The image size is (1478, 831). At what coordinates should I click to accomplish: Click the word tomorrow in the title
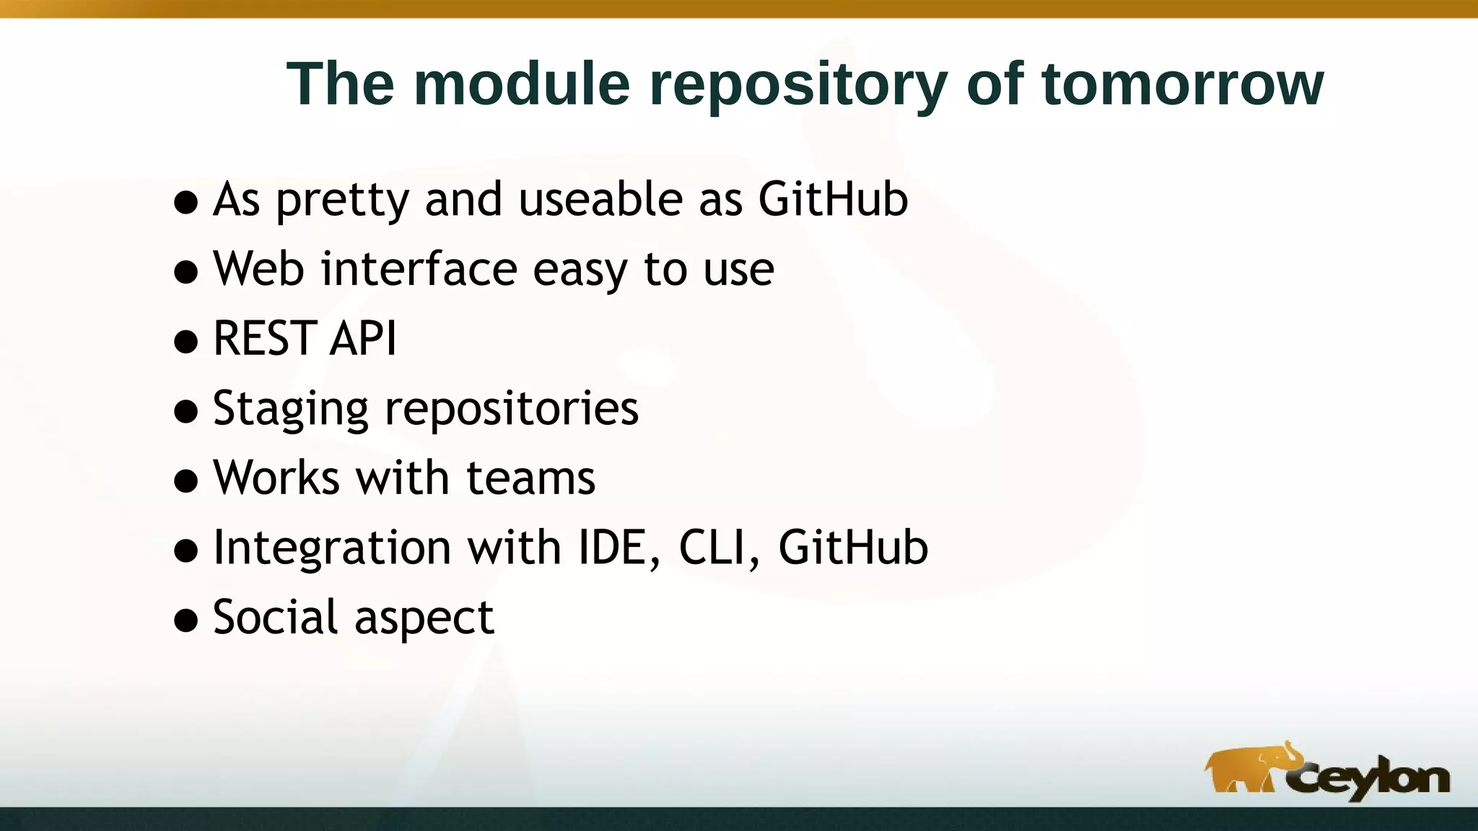[1183, 84]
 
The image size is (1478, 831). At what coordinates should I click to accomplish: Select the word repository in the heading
[798, 85]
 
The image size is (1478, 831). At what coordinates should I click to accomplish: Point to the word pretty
[343, 201]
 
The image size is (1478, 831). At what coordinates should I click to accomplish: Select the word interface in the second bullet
[419, 268]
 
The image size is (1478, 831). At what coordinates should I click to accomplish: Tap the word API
[363, 338]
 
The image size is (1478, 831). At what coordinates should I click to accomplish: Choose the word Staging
[290, 409]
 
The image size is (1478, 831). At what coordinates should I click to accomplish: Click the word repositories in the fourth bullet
[512, 409]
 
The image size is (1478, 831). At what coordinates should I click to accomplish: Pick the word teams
[530, 478]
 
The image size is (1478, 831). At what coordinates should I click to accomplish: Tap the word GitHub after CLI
[853, 548]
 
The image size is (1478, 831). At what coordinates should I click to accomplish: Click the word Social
[275, 617]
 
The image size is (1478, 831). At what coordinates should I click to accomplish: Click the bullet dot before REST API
[186, 342]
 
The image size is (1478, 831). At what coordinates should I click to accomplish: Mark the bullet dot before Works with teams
[186, 481]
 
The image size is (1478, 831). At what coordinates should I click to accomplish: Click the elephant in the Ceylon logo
[1252, 770]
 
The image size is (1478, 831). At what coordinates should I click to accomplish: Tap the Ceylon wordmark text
[1371, 780]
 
